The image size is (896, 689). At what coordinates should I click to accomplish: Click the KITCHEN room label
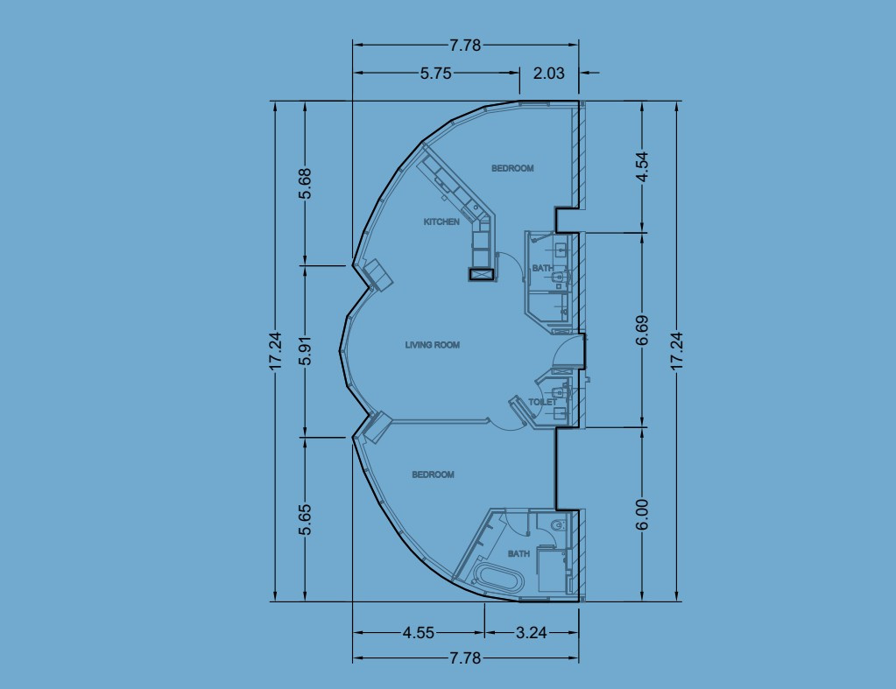[441, 222]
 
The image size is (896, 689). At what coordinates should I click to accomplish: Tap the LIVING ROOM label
[432, 345]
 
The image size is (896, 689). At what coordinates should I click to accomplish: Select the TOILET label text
[540, 402]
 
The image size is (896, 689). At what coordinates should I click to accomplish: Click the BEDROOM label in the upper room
[511, 168]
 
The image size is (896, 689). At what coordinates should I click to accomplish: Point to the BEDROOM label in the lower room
[433, 475]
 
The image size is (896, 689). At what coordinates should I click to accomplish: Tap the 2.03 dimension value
[549, 74]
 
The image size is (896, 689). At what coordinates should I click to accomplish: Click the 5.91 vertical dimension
[305, 349]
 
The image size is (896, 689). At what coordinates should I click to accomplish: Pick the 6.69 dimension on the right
[643, 331]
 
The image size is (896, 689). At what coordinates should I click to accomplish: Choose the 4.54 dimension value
[643, 166]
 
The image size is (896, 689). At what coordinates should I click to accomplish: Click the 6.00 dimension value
[643, 514]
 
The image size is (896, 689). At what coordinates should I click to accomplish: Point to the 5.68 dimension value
[305, 183]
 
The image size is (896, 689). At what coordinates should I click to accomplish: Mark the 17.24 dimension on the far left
[275, 351]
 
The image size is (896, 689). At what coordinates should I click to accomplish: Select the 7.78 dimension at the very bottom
[465, 658]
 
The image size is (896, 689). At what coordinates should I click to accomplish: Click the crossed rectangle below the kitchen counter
[481, 274]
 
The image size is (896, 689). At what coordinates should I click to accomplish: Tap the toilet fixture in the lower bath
[556, 525]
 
